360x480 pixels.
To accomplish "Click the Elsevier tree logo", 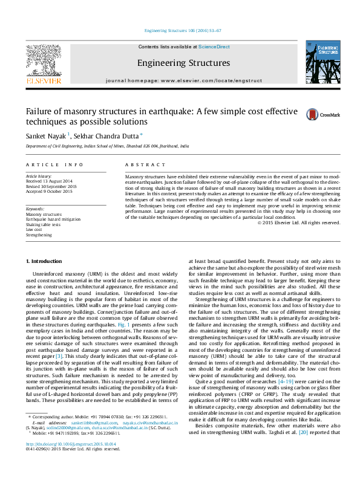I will [x=43, y=60].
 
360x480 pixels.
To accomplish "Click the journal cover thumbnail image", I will [x=322, y=62].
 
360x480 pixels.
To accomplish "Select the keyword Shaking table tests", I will [x=43, y=224].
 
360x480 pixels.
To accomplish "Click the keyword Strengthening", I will [x=39, y=235].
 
